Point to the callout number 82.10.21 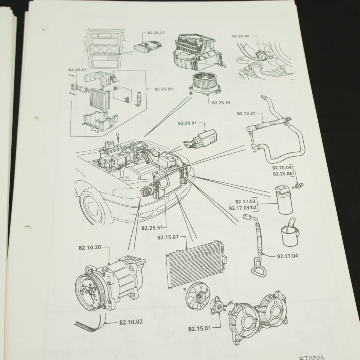(246, 114)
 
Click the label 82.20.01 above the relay (187, 123)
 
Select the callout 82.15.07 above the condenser (168, 238)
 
